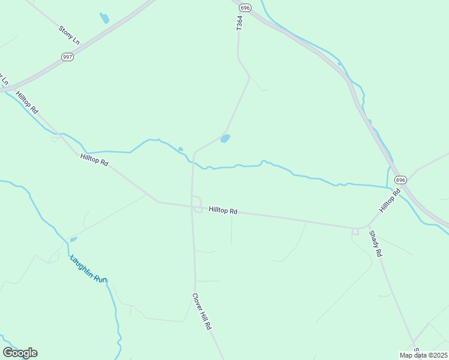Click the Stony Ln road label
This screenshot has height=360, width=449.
[x=69, y=35]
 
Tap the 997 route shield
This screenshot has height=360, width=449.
[x=68, y=56]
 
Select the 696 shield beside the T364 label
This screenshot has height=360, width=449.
[x=244, y=8]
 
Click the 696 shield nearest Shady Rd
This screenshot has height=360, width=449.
[x=401, y=180]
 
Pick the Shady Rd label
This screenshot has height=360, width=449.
[x=376, y=244]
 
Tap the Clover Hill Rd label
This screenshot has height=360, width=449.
[x=202, y=311]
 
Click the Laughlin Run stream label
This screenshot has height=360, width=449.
[x=88, y=269]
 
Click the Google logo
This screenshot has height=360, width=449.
[x=20, y=353]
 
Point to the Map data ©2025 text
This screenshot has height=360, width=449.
[x=423, y=355]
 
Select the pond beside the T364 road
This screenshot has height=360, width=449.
[x=225, y=139]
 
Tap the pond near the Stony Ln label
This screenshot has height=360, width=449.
[x=104, y=18]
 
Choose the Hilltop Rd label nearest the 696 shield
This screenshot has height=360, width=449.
[x=389, y=201]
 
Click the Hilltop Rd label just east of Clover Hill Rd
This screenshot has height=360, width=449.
[x=223, y=211]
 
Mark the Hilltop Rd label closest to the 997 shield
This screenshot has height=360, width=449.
[x=27, y=103]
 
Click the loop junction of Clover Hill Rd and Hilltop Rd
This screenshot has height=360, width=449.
[x=196, y=203]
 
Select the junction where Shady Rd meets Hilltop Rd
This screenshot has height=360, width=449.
[x=355, y=230]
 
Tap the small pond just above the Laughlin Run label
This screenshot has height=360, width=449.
[x=73, y=239]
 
